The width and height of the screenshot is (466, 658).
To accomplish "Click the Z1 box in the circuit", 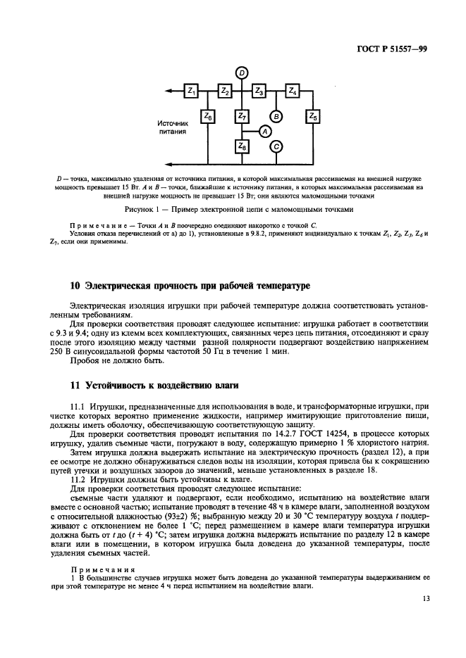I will click(191, 91).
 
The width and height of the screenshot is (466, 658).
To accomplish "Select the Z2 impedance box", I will click(224, 91).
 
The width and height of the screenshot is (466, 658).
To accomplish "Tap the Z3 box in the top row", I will click(259, 91).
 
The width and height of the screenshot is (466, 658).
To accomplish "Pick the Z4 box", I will click(293, 91).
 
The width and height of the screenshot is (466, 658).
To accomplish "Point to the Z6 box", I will click(208, 117).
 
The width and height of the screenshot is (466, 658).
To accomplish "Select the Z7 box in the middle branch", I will click(242, 117).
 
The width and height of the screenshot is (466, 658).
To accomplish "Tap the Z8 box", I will click(242, 146).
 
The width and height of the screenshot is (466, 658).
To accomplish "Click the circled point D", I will click(241, 72).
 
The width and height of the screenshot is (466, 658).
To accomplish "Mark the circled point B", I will click(276, 117).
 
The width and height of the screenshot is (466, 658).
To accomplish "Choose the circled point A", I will click(264, 131).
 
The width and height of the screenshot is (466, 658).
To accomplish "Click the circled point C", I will click(276, 146).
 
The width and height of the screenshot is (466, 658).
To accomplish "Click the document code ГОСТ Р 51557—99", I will click(389, 50).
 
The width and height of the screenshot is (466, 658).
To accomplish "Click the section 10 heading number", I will click(75, 287).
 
